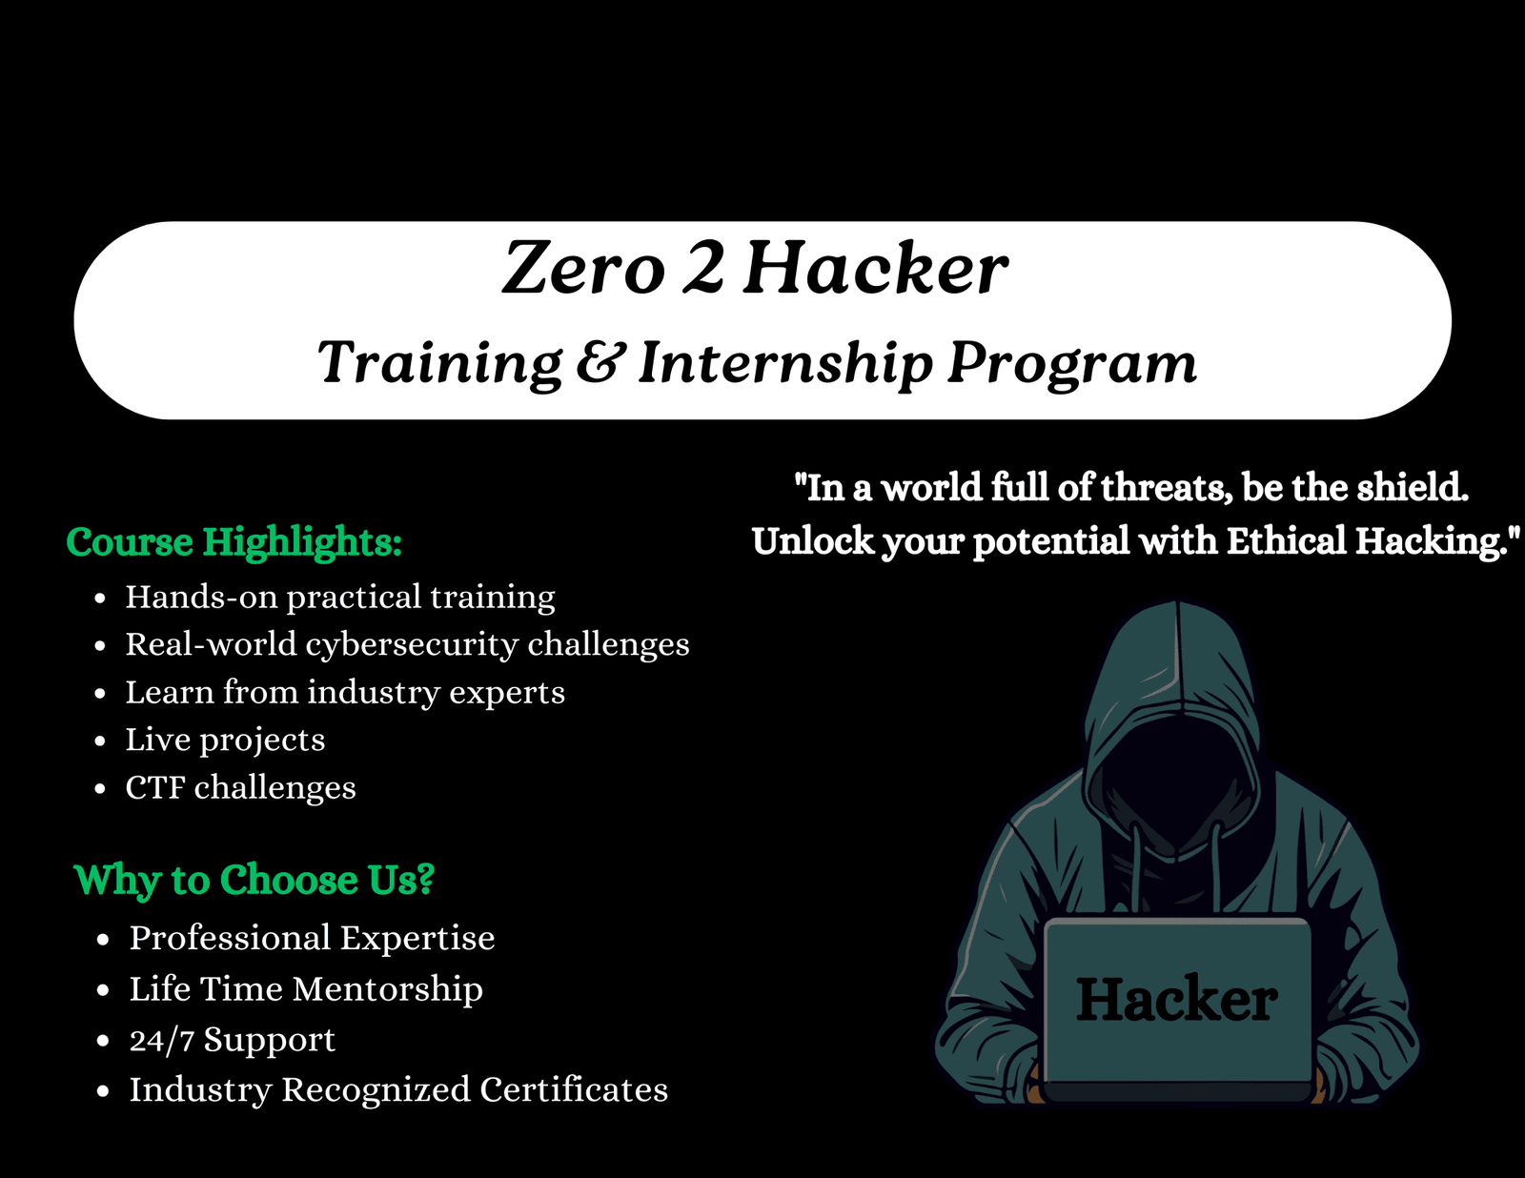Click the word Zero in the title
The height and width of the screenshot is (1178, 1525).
point(583,267)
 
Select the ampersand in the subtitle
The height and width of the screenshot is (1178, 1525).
point(600,361)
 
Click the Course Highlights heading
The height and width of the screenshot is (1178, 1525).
point(234,542)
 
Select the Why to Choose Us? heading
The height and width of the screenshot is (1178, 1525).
point(254,880)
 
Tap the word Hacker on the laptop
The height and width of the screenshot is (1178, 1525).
point(1177,999)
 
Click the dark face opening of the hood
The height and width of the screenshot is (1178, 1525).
point(1172,772)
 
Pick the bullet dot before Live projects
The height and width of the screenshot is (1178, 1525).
point(100,741)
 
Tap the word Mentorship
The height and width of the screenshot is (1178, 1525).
point(387,988)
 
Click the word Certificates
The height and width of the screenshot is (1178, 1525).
point(574,1089)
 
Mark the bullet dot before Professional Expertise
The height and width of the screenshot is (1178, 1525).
point(103,940)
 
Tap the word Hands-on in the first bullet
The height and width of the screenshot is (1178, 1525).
point(202,597)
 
